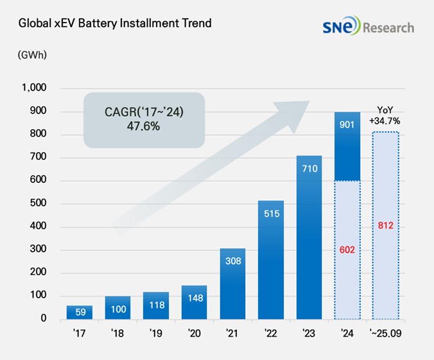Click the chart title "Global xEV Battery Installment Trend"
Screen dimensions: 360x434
(x=115, y=24)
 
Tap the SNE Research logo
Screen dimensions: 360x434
(x=369, y=27)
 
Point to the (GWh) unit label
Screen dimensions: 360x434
(x=32, y=55)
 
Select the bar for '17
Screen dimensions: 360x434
(x=80, y=313)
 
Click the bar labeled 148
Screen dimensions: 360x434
(x=195, y=303)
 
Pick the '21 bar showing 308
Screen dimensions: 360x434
(x=232, y=284)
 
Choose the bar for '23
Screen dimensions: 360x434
(x=309, y=237)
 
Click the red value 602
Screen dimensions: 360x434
(x=348, y=248)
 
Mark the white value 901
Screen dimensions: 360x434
(x=348, y=125)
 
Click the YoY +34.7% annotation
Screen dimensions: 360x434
(x=386, y=115)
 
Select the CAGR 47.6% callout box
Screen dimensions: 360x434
(x=144, y=121)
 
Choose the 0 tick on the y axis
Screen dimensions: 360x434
(x=44, y=319)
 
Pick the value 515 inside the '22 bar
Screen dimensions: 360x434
(x=271, y=214)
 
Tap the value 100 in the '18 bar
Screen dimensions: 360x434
(x=117, y=309)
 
